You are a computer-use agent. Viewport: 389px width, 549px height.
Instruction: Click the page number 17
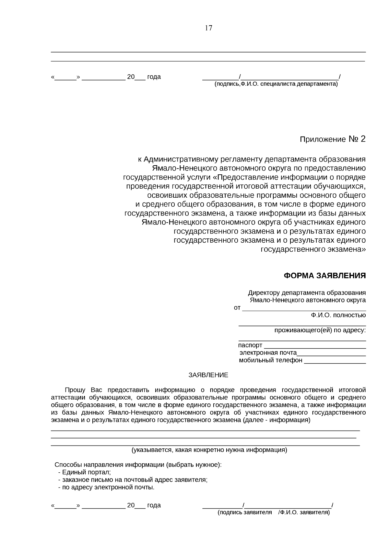pos(208,28)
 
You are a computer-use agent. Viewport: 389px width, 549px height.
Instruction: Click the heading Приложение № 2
pos(332,139)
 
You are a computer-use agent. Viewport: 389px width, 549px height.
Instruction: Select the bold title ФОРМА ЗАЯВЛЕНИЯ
pos(324,276)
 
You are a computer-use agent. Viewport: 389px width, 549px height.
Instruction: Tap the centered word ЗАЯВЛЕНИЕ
pos(208,375)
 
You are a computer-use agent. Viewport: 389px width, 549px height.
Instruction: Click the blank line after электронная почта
pos(331,353)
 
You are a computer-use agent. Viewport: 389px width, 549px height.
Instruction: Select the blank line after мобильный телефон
pos(335,360)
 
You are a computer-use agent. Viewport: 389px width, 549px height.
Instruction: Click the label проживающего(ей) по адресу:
pos(320,330)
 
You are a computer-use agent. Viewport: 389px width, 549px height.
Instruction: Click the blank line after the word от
pos(304,308)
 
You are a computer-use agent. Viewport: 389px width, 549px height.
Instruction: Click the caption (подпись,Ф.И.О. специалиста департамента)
pos(276,84)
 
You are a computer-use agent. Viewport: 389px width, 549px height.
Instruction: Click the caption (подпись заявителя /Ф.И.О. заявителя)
pos(274,512)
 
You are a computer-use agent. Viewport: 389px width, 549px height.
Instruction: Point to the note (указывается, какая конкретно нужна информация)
pos(209,450)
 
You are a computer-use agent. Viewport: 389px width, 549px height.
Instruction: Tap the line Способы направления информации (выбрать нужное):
pos(138,465)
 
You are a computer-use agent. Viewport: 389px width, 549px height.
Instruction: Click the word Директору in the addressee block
pos(264,293)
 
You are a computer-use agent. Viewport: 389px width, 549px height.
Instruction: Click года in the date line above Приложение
pos(154,77)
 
